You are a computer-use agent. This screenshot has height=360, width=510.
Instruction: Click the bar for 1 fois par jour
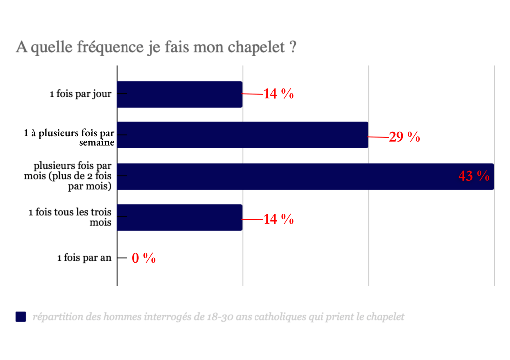click(x=179, y=94)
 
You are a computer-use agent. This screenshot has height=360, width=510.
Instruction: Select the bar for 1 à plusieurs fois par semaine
click(x=242, y=135)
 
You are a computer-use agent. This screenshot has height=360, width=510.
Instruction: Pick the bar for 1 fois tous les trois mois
click(x=179, y=217)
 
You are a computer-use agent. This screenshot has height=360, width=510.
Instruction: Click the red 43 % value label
click(x=474, y=176)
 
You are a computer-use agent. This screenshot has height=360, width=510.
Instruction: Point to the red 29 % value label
click(x=404, y=137)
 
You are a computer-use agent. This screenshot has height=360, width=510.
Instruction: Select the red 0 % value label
click(x=144, y=258)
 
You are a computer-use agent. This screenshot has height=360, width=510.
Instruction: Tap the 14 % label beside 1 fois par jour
click(x=278, y=94)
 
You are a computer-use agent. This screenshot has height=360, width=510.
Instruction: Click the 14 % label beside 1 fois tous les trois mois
click(x=278, y=219)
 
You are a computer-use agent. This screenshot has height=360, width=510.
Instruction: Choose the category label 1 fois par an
click(x=84, y=258)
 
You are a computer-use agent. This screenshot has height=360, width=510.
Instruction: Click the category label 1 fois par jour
click(x=81, y=94)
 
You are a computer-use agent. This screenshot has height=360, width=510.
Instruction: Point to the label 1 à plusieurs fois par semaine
click(x=70, y=138)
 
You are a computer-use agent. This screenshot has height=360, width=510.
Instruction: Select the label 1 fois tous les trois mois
click(x=70, y=217)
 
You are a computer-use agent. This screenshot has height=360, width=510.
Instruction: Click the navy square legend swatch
click(x=21, y=317)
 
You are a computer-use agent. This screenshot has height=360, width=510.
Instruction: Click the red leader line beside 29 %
click(x=378, y=137)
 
